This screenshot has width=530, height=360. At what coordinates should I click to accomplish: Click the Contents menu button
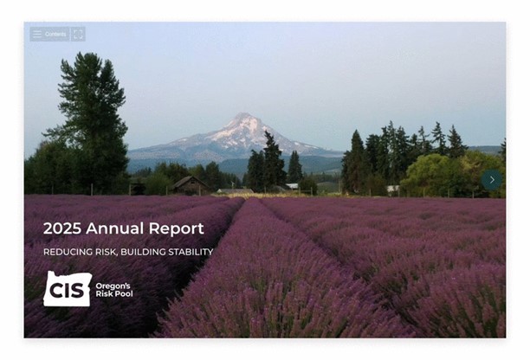49,34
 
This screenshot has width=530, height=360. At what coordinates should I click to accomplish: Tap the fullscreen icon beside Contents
78,34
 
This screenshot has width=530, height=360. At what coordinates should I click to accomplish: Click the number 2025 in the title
61,229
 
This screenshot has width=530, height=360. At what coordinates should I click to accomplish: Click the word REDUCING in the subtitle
66,253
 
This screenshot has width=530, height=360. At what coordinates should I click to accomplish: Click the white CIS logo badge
67,289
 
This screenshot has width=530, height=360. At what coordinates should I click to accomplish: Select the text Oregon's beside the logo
113,285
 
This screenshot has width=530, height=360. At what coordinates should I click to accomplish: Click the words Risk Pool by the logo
113,294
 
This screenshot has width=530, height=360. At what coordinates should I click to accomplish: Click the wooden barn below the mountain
189,184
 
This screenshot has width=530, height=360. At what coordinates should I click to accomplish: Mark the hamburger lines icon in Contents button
37,34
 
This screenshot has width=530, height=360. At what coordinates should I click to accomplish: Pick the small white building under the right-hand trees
393,189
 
